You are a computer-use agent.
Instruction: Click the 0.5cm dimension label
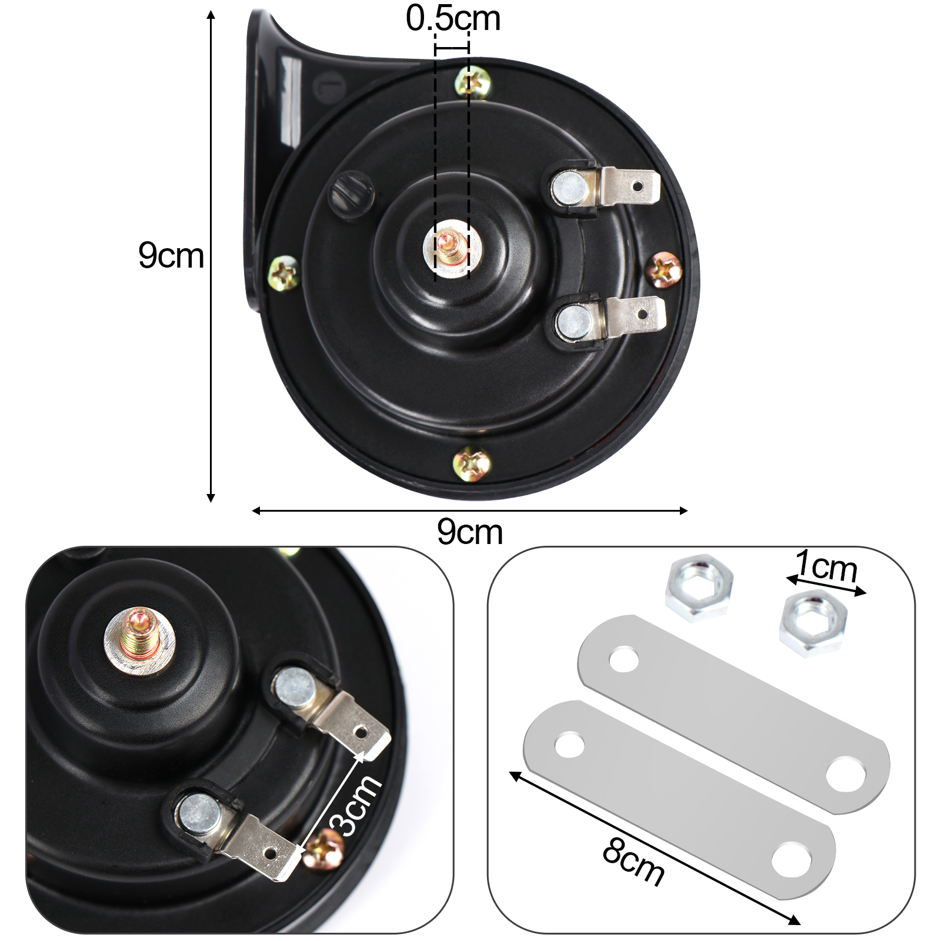point(453,18)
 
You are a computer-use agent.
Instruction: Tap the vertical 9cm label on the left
point(171,255)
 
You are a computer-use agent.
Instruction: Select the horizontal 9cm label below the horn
point(470,532)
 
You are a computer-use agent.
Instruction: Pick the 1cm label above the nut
point(827,566)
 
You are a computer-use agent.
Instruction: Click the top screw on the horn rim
point(473,83)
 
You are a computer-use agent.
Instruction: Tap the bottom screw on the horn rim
point(471,464)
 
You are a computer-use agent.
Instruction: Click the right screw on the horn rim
point(665,270)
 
